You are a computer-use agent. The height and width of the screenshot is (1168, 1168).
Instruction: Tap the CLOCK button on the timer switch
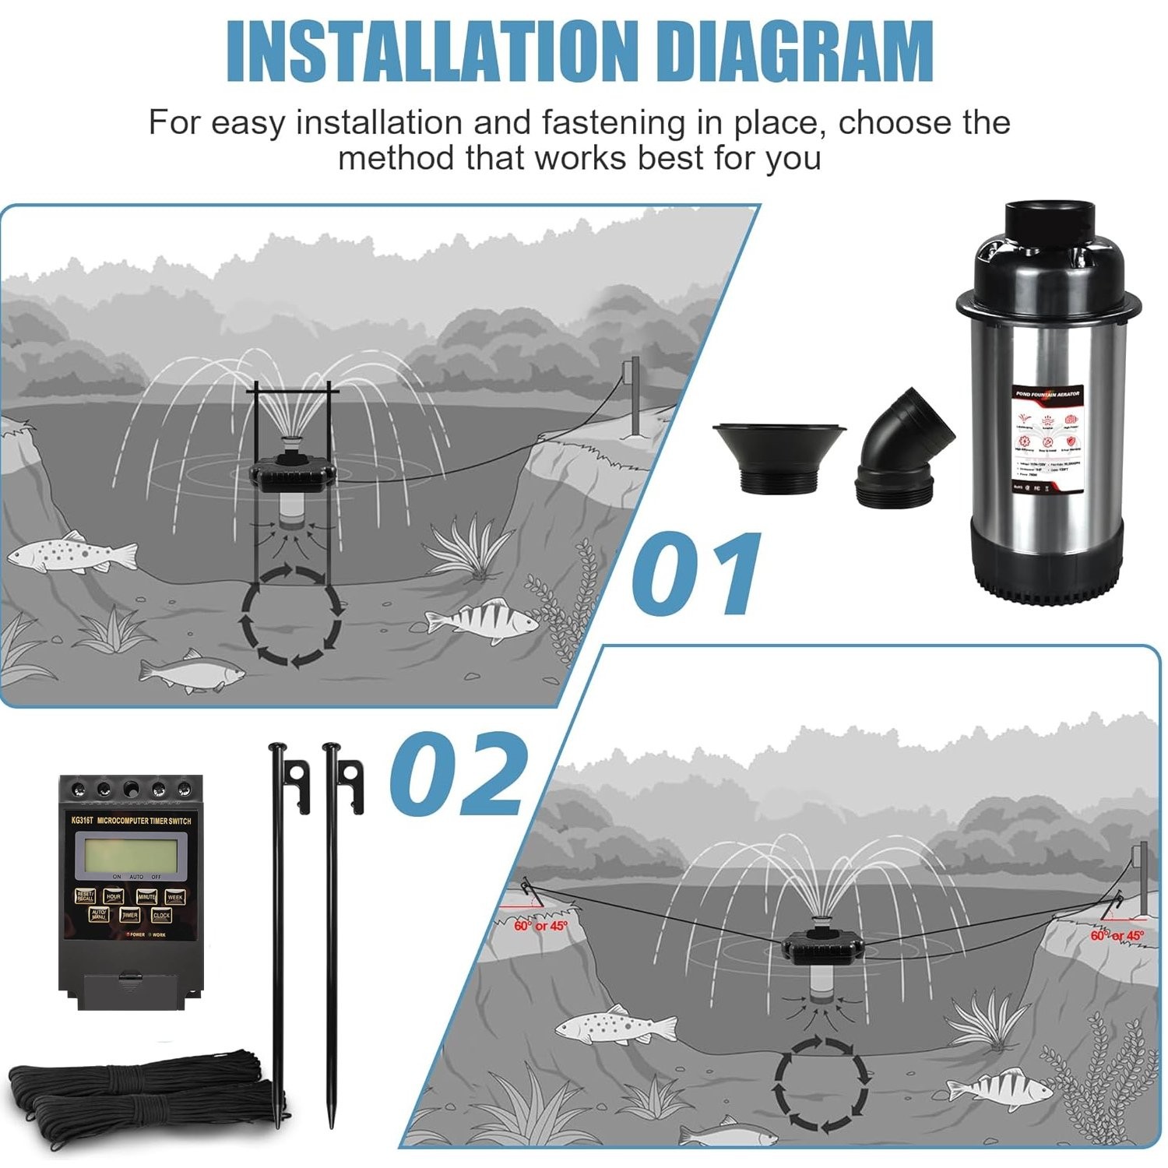tap(161, 915)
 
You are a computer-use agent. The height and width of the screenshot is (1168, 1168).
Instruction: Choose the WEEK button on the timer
tap(175, 897)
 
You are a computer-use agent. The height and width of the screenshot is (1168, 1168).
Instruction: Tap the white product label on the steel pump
tap(1047, 440)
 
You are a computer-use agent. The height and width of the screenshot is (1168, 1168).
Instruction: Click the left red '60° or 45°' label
tap(540, 926)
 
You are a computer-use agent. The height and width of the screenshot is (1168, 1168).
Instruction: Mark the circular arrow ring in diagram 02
tap(820, 1080)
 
